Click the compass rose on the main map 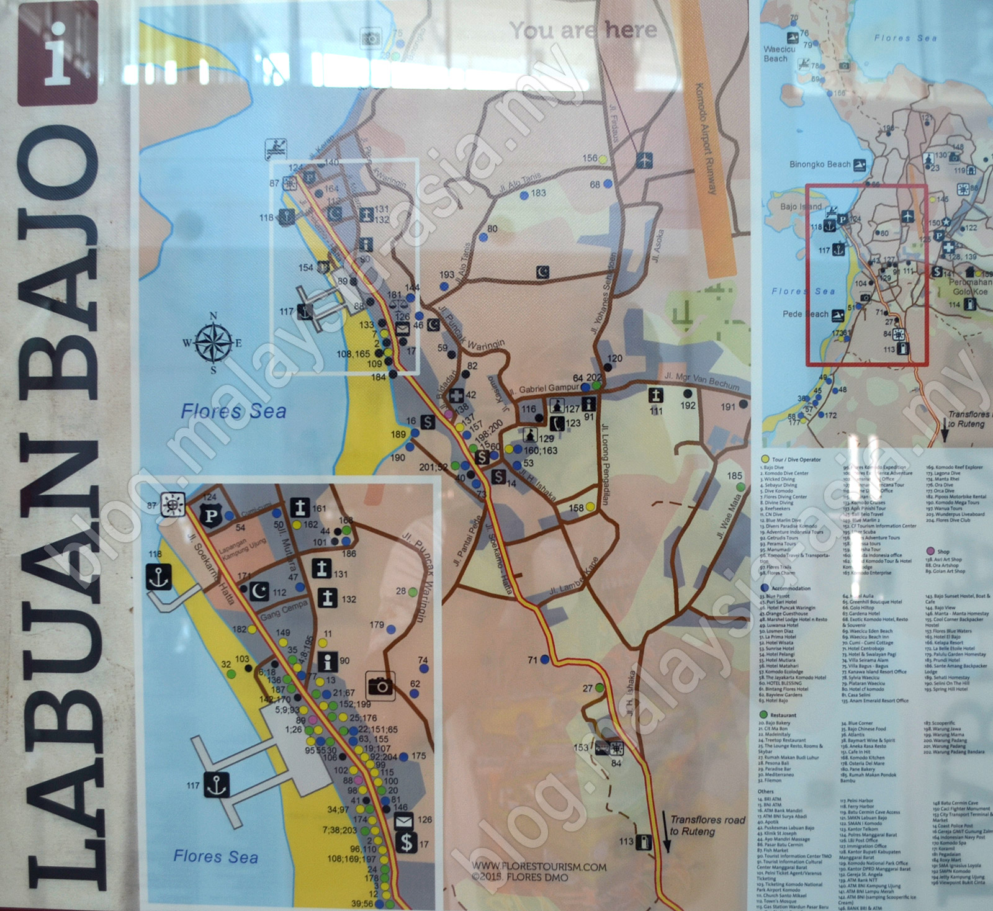coord(213,342)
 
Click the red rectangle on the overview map coord(866,274)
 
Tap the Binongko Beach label coord(819,164)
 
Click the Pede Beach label coord(806,314)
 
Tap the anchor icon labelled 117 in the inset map coord(215,784)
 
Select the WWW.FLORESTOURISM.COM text coord(539,867)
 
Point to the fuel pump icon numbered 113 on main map coord(645,841)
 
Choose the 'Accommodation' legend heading coord(791,588)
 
